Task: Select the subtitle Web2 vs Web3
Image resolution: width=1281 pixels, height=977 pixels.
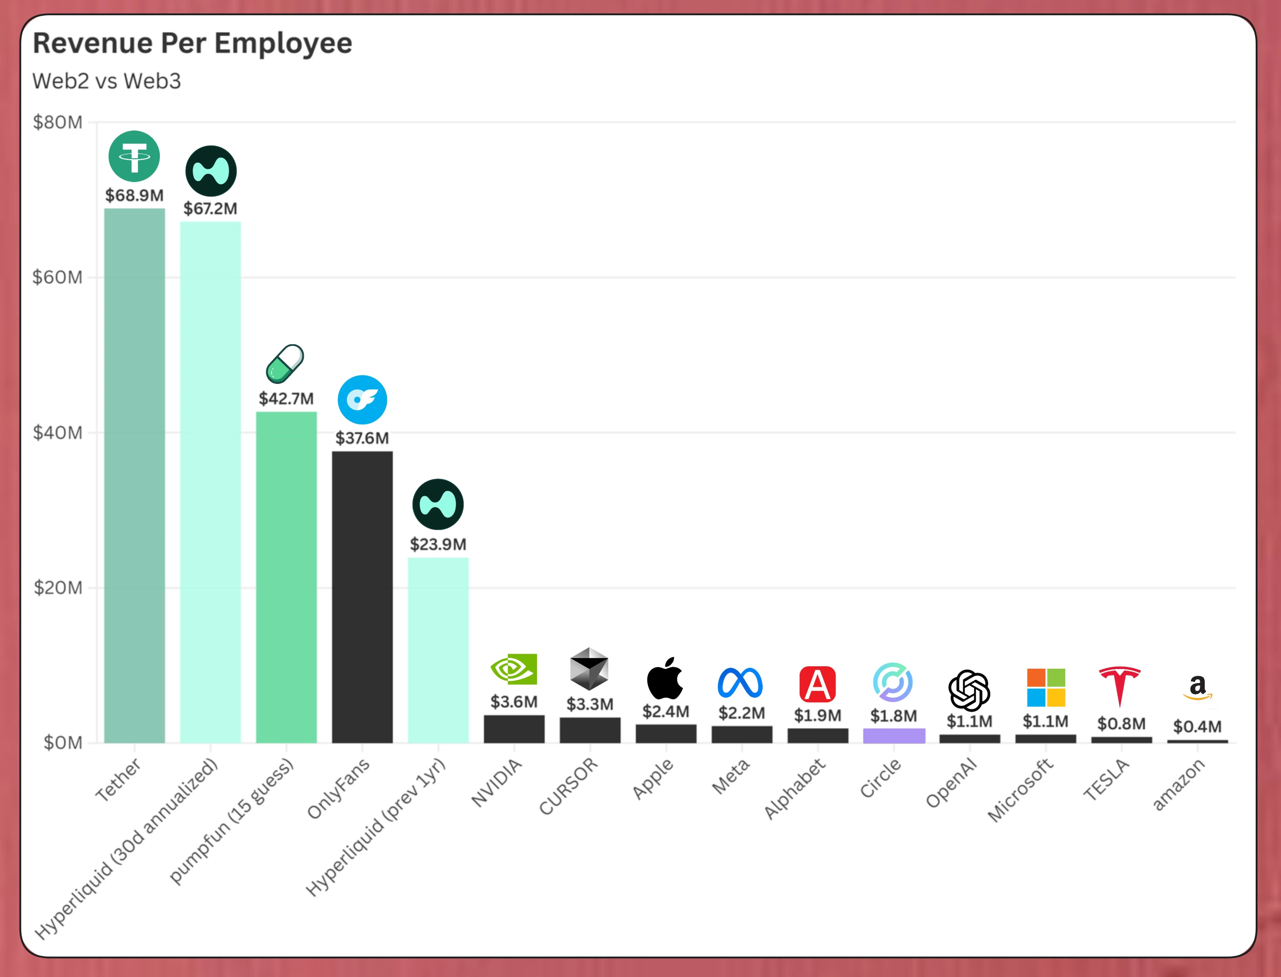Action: coord(106,81)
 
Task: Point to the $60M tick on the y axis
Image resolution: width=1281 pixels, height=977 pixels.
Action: coord(58,277)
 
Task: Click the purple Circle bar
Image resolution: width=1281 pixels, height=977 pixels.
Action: coord(894,736)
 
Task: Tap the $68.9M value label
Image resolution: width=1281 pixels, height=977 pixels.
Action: coord(134,195)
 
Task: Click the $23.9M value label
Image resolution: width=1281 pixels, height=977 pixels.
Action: coord(438,544)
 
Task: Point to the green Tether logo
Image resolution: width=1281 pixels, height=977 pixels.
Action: coord(134,156)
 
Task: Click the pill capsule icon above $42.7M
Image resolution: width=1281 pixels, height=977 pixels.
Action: coord(285,364)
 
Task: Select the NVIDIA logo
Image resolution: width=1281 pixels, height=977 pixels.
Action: coord(514,669)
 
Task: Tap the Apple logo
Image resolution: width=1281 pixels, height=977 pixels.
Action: coord(665,679)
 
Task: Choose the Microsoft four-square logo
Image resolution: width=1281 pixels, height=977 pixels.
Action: coord(1046,687)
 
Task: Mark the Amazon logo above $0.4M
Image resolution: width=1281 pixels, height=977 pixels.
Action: coord(1197,687)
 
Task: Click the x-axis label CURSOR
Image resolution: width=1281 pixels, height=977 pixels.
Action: coord(568,786)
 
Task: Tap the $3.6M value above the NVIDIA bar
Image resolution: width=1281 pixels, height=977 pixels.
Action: coord(514,702)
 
